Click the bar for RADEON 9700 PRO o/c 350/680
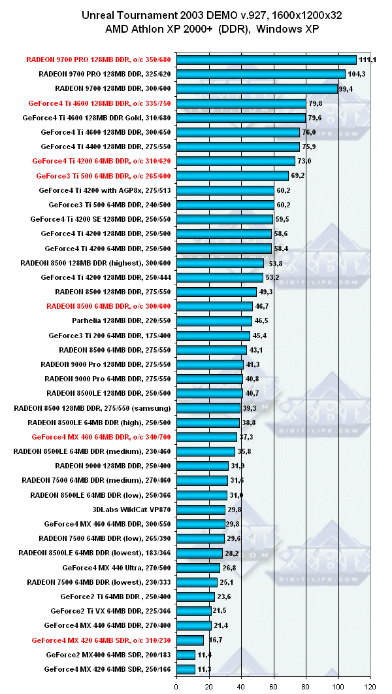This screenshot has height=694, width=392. point(267,60)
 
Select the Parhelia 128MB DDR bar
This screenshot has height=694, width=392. point(214,321)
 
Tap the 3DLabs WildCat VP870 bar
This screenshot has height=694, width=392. point(201,510)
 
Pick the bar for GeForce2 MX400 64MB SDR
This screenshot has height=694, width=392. point(186,655)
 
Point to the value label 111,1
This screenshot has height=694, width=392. point(368,60)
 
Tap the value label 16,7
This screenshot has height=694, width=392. point(214,640)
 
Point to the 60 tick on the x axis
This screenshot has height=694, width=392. point(274,687)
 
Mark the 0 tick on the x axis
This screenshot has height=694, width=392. point(176,687)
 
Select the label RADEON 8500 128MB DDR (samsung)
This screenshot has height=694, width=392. point(92,408)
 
